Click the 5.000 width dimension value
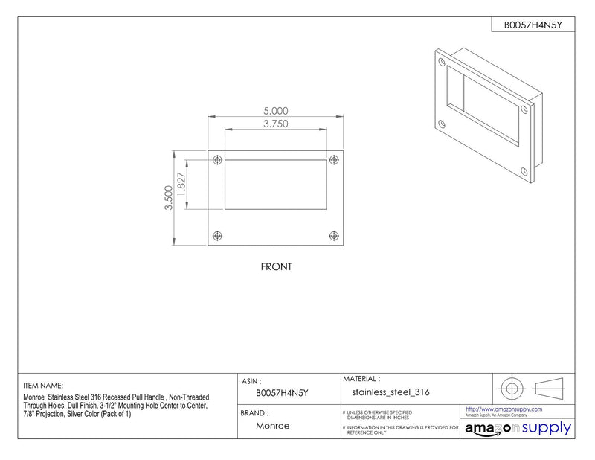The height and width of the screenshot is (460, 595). tap(276, 111)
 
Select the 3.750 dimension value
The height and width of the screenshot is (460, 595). tap(276, 124)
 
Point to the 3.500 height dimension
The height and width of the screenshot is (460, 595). tap(169, 197)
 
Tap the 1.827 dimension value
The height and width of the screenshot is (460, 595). tap(181, 185)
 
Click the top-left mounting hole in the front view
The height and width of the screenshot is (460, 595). tap(217, 160)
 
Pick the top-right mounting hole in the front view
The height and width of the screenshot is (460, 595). tap(334, 160)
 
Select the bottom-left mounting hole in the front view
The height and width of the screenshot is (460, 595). tap(217, 236)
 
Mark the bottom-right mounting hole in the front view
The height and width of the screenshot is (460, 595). tap(334, 236)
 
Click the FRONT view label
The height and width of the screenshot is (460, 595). tap(276, 266)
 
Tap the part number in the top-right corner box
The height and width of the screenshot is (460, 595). tap(533, 25)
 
